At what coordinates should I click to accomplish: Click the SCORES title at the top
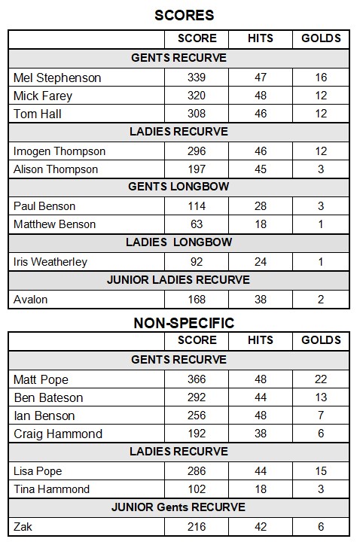[184, 15]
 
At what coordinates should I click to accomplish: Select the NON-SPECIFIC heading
[184, 323]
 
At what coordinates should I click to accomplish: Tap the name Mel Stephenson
[57, 78]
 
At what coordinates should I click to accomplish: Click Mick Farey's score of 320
[197, 96]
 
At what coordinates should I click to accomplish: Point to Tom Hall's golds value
[321, 114]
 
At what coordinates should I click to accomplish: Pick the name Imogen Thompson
[59, 151]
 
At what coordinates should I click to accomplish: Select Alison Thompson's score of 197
[197, 169]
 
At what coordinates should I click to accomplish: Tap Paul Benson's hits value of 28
[261, 206]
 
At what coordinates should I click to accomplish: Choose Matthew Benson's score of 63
[197, 224]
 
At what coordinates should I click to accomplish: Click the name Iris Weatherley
[50, 262]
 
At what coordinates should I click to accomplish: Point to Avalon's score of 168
[197, 300]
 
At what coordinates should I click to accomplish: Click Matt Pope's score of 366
[197, 379]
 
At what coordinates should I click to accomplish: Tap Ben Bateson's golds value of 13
[321, 397]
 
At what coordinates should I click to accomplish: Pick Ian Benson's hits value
[261, 416]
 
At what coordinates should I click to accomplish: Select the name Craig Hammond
[58, 434]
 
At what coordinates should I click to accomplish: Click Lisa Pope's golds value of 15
[321, 471]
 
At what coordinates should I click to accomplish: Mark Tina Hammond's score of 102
[197, 489]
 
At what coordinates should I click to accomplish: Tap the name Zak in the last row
[23, 527]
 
